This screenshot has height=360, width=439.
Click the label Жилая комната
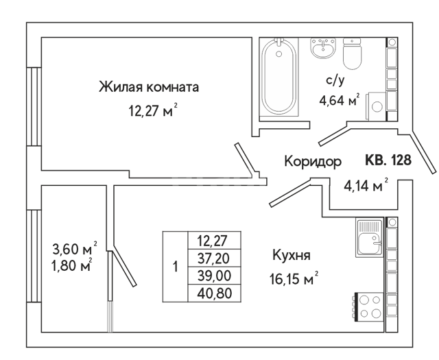point(149,87)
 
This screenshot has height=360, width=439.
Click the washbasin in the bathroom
point(323,48)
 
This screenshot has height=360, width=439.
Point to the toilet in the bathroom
point(352,53)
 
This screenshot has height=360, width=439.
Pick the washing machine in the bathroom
point(377,106)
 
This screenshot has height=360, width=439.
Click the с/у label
point(335,80)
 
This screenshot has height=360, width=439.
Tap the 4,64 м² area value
point(340,100)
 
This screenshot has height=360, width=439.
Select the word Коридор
point(313,162)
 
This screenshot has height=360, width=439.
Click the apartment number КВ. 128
point(388,160)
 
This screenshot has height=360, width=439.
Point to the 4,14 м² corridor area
point(366,185)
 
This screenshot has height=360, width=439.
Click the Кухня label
point(292,255)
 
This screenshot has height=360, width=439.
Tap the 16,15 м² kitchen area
point(294,278)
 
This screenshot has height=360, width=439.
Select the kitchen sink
point(369,238)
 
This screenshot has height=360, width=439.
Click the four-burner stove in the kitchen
point(369,307)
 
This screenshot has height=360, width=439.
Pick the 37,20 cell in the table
point(213,258)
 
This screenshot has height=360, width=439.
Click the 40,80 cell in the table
point(215,293)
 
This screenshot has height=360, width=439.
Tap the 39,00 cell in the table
point(214,276)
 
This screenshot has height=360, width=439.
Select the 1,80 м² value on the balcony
point(71,265)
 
